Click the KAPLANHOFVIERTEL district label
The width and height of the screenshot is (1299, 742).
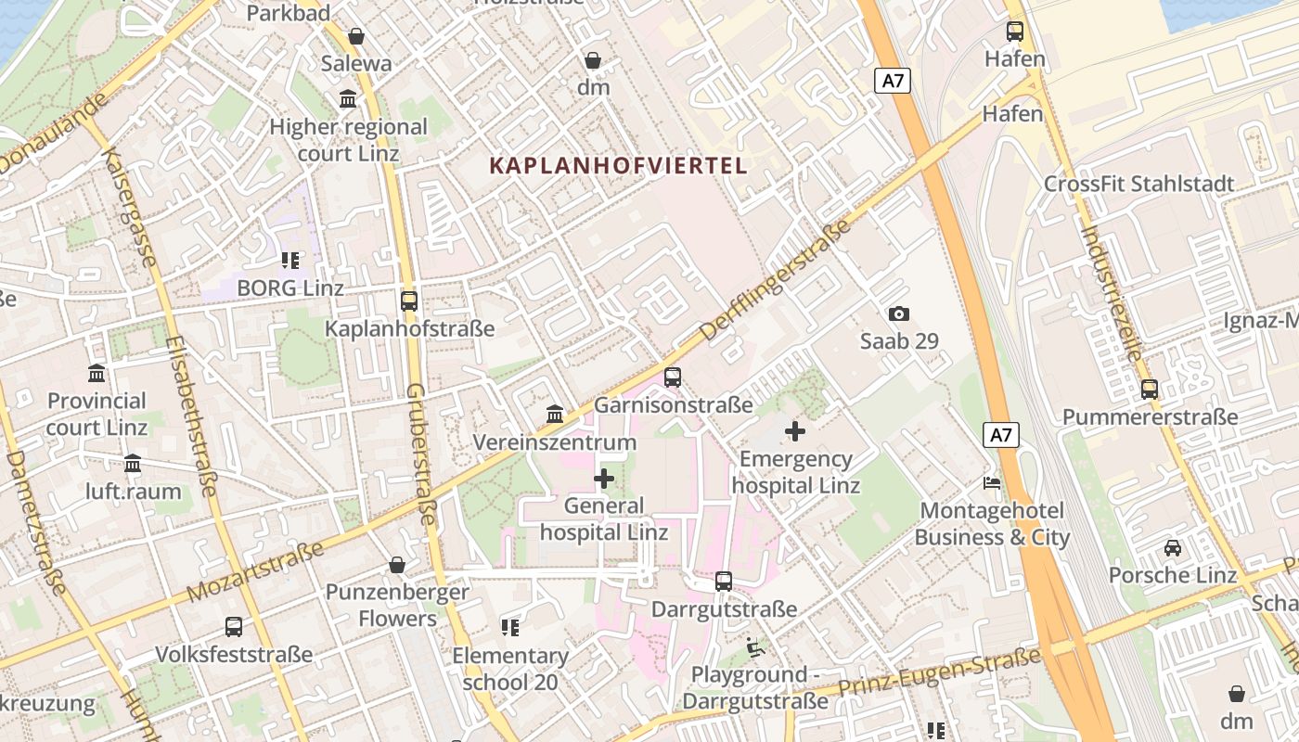618,166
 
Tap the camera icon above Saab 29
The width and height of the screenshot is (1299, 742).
898,314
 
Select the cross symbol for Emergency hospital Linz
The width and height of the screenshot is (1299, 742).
795,431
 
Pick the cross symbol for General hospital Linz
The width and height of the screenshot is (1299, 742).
604,479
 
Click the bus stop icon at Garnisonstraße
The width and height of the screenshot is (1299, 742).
673,377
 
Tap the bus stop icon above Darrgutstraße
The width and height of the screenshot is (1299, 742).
724,582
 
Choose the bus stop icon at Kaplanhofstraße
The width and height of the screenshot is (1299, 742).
409,301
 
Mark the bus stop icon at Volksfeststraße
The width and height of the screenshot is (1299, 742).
234,627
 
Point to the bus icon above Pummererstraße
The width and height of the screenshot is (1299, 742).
1150,390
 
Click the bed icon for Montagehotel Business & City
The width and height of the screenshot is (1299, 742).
992,483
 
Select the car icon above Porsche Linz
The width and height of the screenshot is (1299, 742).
1173,547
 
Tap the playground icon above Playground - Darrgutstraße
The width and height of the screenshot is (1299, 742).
755,646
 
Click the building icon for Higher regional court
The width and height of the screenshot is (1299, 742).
348,99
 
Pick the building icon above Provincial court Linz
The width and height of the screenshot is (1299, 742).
96,374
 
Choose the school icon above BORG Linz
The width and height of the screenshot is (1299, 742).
290,261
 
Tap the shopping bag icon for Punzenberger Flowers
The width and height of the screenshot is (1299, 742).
397,565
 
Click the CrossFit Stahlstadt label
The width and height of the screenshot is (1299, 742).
1138,184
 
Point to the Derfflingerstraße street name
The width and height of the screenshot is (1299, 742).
776,280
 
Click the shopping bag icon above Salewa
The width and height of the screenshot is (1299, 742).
356,36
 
